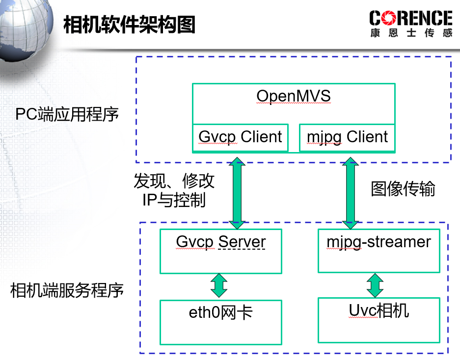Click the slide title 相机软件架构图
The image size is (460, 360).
(x=130, y=25)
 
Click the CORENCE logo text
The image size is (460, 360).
(x=410, y=19)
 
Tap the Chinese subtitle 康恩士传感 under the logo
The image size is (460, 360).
(x=411, y=33)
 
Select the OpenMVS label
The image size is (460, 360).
(x=294, y=96)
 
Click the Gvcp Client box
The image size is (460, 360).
(x=240, y=137)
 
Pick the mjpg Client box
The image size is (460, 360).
(x=347, y=137)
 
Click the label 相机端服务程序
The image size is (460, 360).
(x=67, y=291)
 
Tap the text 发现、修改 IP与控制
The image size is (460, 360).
(x=174, y=190)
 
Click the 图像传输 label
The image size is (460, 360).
(x=403, y=189)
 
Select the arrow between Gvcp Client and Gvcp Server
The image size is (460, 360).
(x=237, y=193)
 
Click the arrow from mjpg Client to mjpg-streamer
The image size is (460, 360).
(x=351, y=193)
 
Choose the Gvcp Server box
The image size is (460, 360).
(x=221, y=251)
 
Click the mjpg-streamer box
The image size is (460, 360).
(x=379, y=251)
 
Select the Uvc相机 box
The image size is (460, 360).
(x=379, y=320)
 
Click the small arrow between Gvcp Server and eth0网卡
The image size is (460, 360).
(x=218, y=285)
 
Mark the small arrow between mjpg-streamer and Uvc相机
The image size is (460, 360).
(x=376, y=285)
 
